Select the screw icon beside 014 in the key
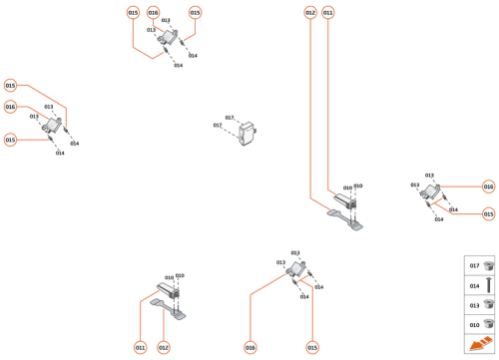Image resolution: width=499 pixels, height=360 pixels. click(x=488, y=285)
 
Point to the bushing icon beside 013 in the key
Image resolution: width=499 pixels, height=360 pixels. click(x=488, y=305)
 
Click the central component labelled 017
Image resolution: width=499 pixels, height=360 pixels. click(x=249, y=133)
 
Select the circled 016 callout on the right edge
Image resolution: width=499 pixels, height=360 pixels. click(x=488, y=186)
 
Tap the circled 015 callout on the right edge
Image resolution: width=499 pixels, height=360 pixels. click(x=488, y=214)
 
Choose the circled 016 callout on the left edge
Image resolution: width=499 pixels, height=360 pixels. click(x=10, y=107)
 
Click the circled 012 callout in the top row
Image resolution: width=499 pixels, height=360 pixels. click(x=310, y=13)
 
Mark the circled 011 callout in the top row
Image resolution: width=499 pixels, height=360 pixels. click(x=328, y=13)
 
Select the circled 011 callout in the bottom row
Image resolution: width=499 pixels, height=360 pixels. click(x=141, y=348)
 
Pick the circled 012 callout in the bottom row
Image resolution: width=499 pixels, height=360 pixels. click(x=164, y=348)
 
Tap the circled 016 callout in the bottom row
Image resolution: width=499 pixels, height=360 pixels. click(x=250, y=348)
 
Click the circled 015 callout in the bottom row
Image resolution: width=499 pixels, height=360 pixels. click(x=312, y=348)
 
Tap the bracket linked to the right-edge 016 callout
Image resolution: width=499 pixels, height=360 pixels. click(x=431, y=193)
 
